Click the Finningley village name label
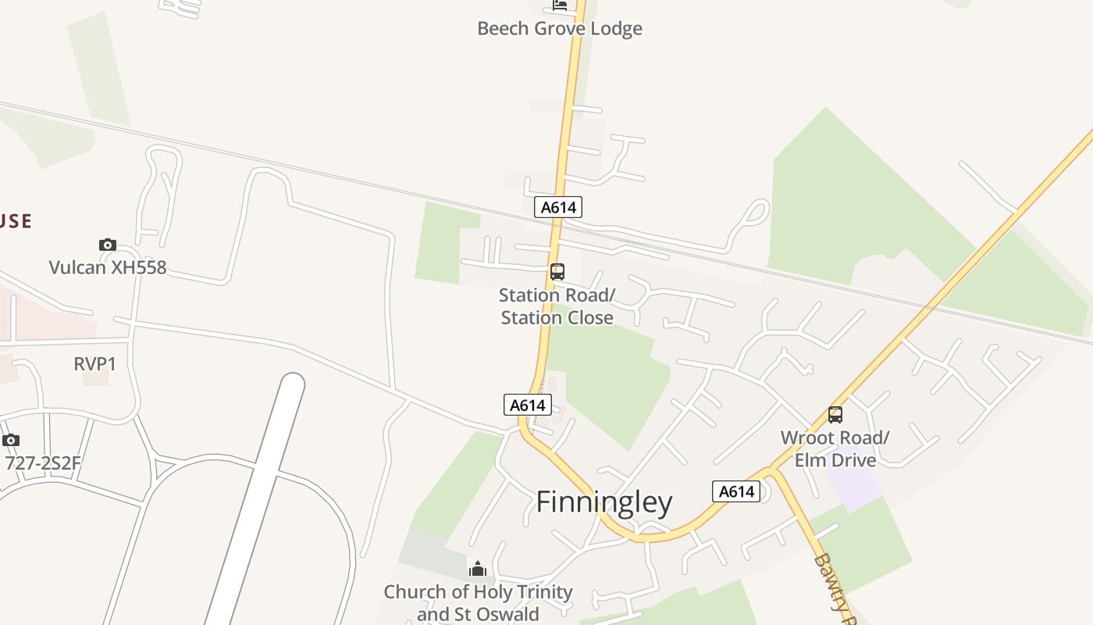pos(603,502)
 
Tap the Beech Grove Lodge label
pos(559,29)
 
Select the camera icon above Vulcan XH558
pos(108,245)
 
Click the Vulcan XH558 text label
pos(108,267)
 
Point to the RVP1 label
pos(94,364)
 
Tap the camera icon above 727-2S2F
pos(11,441)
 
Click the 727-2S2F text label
pos(43,463)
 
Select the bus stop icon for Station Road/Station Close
pos(557,272)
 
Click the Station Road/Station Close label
pos(557,306)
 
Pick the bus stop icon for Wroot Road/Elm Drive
pos(835,415)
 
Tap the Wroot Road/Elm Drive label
pos(835,448)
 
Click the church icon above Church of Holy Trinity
pos(478,569)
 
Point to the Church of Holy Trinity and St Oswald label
pos(478,602)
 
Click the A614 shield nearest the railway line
pos(558,207)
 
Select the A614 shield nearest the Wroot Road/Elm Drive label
pos(735,491)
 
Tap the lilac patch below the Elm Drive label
pos(854,487)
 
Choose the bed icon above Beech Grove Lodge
pos(560,5)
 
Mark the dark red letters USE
pos(15,221)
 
